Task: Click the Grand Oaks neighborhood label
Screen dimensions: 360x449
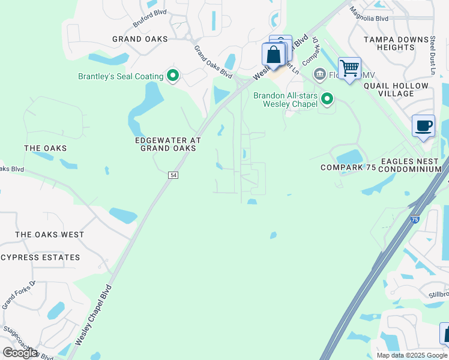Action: tap(140, 39)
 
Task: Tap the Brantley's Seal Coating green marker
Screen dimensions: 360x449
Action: tap(173, 76)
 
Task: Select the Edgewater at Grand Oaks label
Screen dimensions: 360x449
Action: tap(167, 144)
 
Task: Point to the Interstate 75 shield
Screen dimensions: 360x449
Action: tap(415, 220)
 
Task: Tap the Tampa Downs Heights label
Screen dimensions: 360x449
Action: tap(397, 43)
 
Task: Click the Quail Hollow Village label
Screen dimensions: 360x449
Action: tap(396, 89)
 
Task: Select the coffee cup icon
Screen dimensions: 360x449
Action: tap(423, 126)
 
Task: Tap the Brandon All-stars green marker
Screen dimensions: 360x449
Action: tap(327, 98)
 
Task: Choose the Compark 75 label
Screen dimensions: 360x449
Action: tap(348, 167)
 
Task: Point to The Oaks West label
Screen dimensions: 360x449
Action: tap(50, 235)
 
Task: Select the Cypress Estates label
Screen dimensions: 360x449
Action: tap(40, 257)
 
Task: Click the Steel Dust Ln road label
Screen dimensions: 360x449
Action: tap(432, 55)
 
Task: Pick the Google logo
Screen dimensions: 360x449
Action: tap(20, 353)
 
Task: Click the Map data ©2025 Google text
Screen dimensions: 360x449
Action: tap(412, 355)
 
